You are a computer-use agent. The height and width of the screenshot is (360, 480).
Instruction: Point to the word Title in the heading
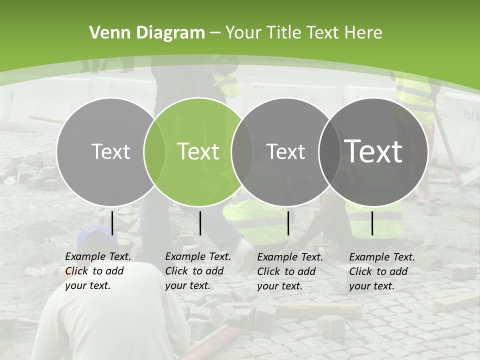pyautogui.click(x=285, y=33)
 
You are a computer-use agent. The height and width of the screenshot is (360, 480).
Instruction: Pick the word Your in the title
pyautogui.click(x=243, y=33)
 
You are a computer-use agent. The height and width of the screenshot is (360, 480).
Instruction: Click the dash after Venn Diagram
pyautogui.click(x=215, y=33)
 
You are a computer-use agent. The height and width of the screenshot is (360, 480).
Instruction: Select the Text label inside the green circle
pyautogui.click(x=198, y=151)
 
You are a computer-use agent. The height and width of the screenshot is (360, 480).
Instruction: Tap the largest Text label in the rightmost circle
pyautogui.click(x=373, y=151)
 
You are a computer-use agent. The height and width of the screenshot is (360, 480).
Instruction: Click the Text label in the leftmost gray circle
pyautogui.click(x=110, y=151)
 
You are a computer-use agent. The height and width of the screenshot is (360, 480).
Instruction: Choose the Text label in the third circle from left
pyautogui.click(x=286, y=151)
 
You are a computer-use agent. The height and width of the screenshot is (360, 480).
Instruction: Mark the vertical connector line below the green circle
pyautogui.click(x=200, y=223)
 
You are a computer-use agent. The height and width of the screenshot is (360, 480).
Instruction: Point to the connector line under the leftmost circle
pyautogui.click(x=112, y=223)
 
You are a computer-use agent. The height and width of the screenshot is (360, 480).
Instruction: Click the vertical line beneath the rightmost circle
pyautogui.click(x=372, y=223)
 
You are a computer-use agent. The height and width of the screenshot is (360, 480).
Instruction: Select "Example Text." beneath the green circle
pyautogui.click(x=198, y=256)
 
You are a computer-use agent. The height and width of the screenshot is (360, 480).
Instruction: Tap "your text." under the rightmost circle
pyautogui.click(x=371, y=286)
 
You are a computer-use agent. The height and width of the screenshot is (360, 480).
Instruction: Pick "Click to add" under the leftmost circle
pyautogui.click(x=94, y=271)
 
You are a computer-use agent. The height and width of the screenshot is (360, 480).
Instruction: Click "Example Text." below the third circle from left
pyautogui.click(x=290, y=257)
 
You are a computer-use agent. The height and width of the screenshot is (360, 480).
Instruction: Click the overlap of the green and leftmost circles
pyautogui.click(x=154, y=151)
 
